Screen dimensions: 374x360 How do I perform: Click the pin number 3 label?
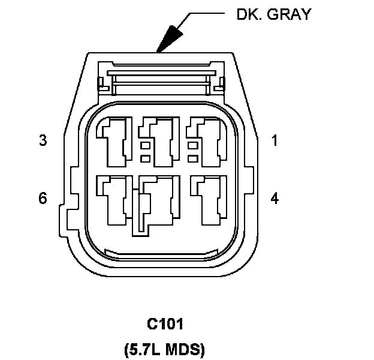[x=43, y=141]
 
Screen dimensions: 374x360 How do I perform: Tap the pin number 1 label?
[x=275, y=141]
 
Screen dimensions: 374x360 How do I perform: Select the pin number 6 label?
[x=43, y=198]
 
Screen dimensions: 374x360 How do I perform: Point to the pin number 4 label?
[x=275, y=198]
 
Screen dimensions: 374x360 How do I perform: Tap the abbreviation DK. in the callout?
[x=248, y=15]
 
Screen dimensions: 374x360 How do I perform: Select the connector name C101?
[x=165, y=325]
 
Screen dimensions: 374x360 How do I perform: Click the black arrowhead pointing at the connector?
[x=169, y=37]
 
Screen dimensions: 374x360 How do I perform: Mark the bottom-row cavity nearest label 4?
[x=210, y=198]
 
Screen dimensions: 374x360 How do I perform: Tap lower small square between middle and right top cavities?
[x=194, y=158]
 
